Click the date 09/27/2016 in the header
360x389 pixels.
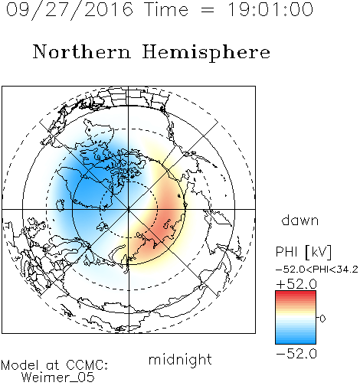pos(70,10)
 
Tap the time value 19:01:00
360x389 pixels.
pos(270,9)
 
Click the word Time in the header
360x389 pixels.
pos(166,9)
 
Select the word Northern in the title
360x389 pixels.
pos(82,51)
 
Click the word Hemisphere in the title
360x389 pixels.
pos(206,53)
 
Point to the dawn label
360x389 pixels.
pos(300,220)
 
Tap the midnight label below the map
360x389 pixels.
pos(180,359)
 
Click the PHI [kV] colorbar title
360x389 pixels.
pos(303,252)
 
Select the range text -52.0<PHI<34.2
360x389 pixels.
pos(317,270)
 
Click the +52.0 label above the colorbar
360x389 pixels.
pos(296,284)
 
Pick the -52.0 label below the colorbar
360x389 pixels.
pos(296,354)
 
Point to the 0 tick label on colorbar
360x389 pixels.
pos(322,319)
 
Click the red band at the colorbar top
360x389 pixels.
pos(296,294)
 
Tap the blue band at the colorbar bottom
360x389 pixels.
pos(296,340)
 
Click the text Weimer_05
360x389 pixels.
pos(58,378)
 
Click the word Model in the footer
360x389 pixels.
pos(20,365)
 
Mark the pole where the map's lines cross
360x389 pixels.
pos(129,210)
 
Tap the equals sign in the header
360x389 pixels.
pos(208,10)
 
